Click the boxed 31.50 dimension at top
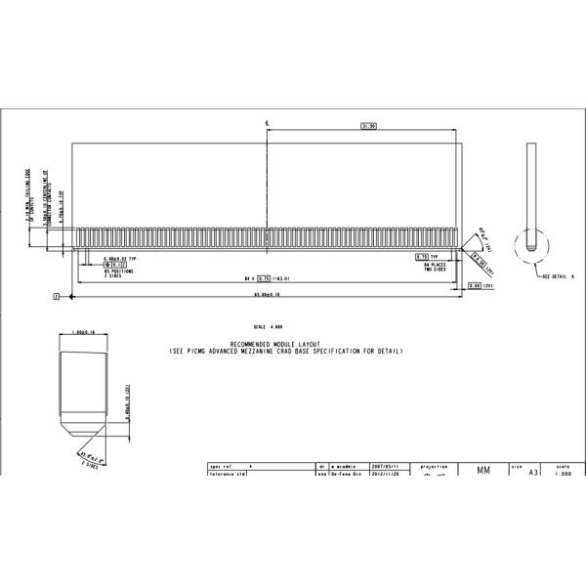(369, 126)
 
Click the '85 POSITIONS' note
(119, 271)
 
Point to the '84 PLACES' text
(434, 264)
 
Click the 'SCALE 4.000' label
(266, 327)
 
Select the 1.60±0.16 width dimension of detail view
(84, 333)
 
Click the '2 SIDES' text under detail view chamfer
(88, 466)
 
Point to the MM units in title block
(483, 471)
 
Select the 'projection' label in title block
(434, 467)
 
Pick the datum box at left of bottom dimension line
(57, 294)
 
